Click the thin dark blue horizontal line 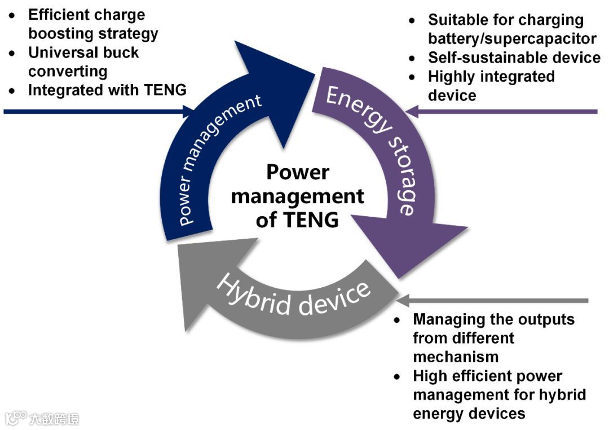click(x=85, y=112)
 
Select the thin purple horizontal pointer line click(x=507, y=112)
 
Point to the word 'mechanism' click(x=456, y=357)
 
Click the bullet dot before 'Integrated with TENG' click(x=12, y=90)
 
